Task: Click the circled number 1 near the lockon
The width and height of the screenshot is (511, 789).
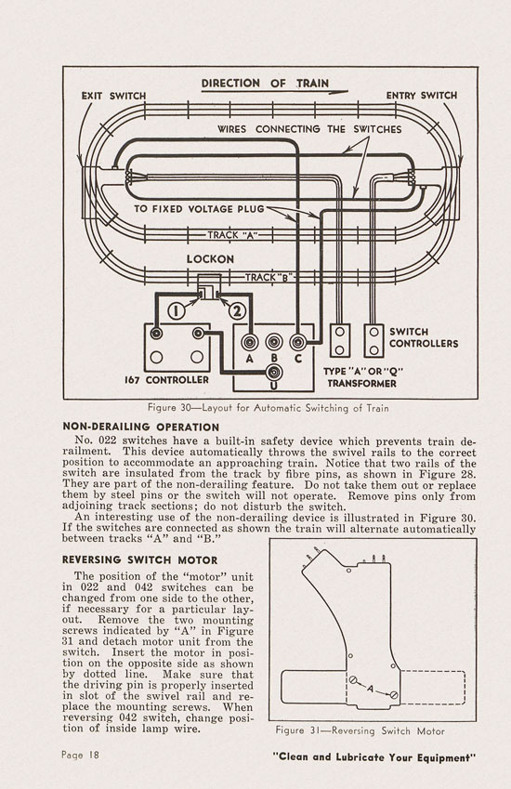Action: [x=176, y=311]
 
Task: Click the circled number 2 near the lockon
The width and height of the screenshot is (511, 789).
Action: [x=237, y=311]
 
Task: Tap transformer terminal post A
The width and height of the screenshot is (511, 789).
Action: [x=250, y=343]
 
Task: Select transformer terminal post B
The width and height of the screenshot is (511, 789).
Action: [x=273, y=343]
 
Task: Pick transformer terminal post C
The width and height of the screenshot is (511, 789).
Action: [x=297, y=343]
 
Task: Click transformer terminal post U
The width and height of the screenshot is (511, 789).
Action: [x=274, y=373]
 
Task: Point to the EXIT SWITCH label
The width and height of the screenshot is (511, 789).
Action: [x=113, y=96]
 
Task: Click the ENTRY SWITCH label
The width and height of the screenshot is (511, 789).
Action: [x=422, y=95]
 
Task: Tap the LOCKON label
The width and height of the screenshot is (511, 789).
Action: [x=210, y=259]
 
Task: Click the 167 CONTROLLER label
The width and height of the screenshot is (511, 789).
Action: [x=166, y=380]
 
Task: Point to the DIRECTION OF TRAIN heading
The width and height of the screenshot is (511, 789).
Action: [x=265, y=84]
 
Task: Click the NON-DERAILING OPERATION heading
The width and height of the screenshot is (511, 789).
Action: [x=141, y=427]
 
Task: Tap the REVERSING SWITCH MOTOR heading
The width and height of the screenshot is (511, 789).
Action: [x=139, y=560]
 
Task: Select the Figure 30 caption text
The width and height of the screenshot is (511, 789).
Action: [x=269, y=408]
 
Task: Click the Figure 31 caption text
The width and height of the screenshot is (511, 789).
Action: [x=360, y=730]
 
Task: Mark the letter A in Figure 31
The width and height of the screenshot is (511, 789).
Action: [x=371, y=689]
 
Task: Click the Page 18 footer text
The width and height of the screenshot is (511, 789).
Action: [x=81, y=755]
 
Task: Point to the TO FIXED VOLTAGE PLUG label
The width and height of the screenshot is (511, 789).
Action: [x=199, y=209]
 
